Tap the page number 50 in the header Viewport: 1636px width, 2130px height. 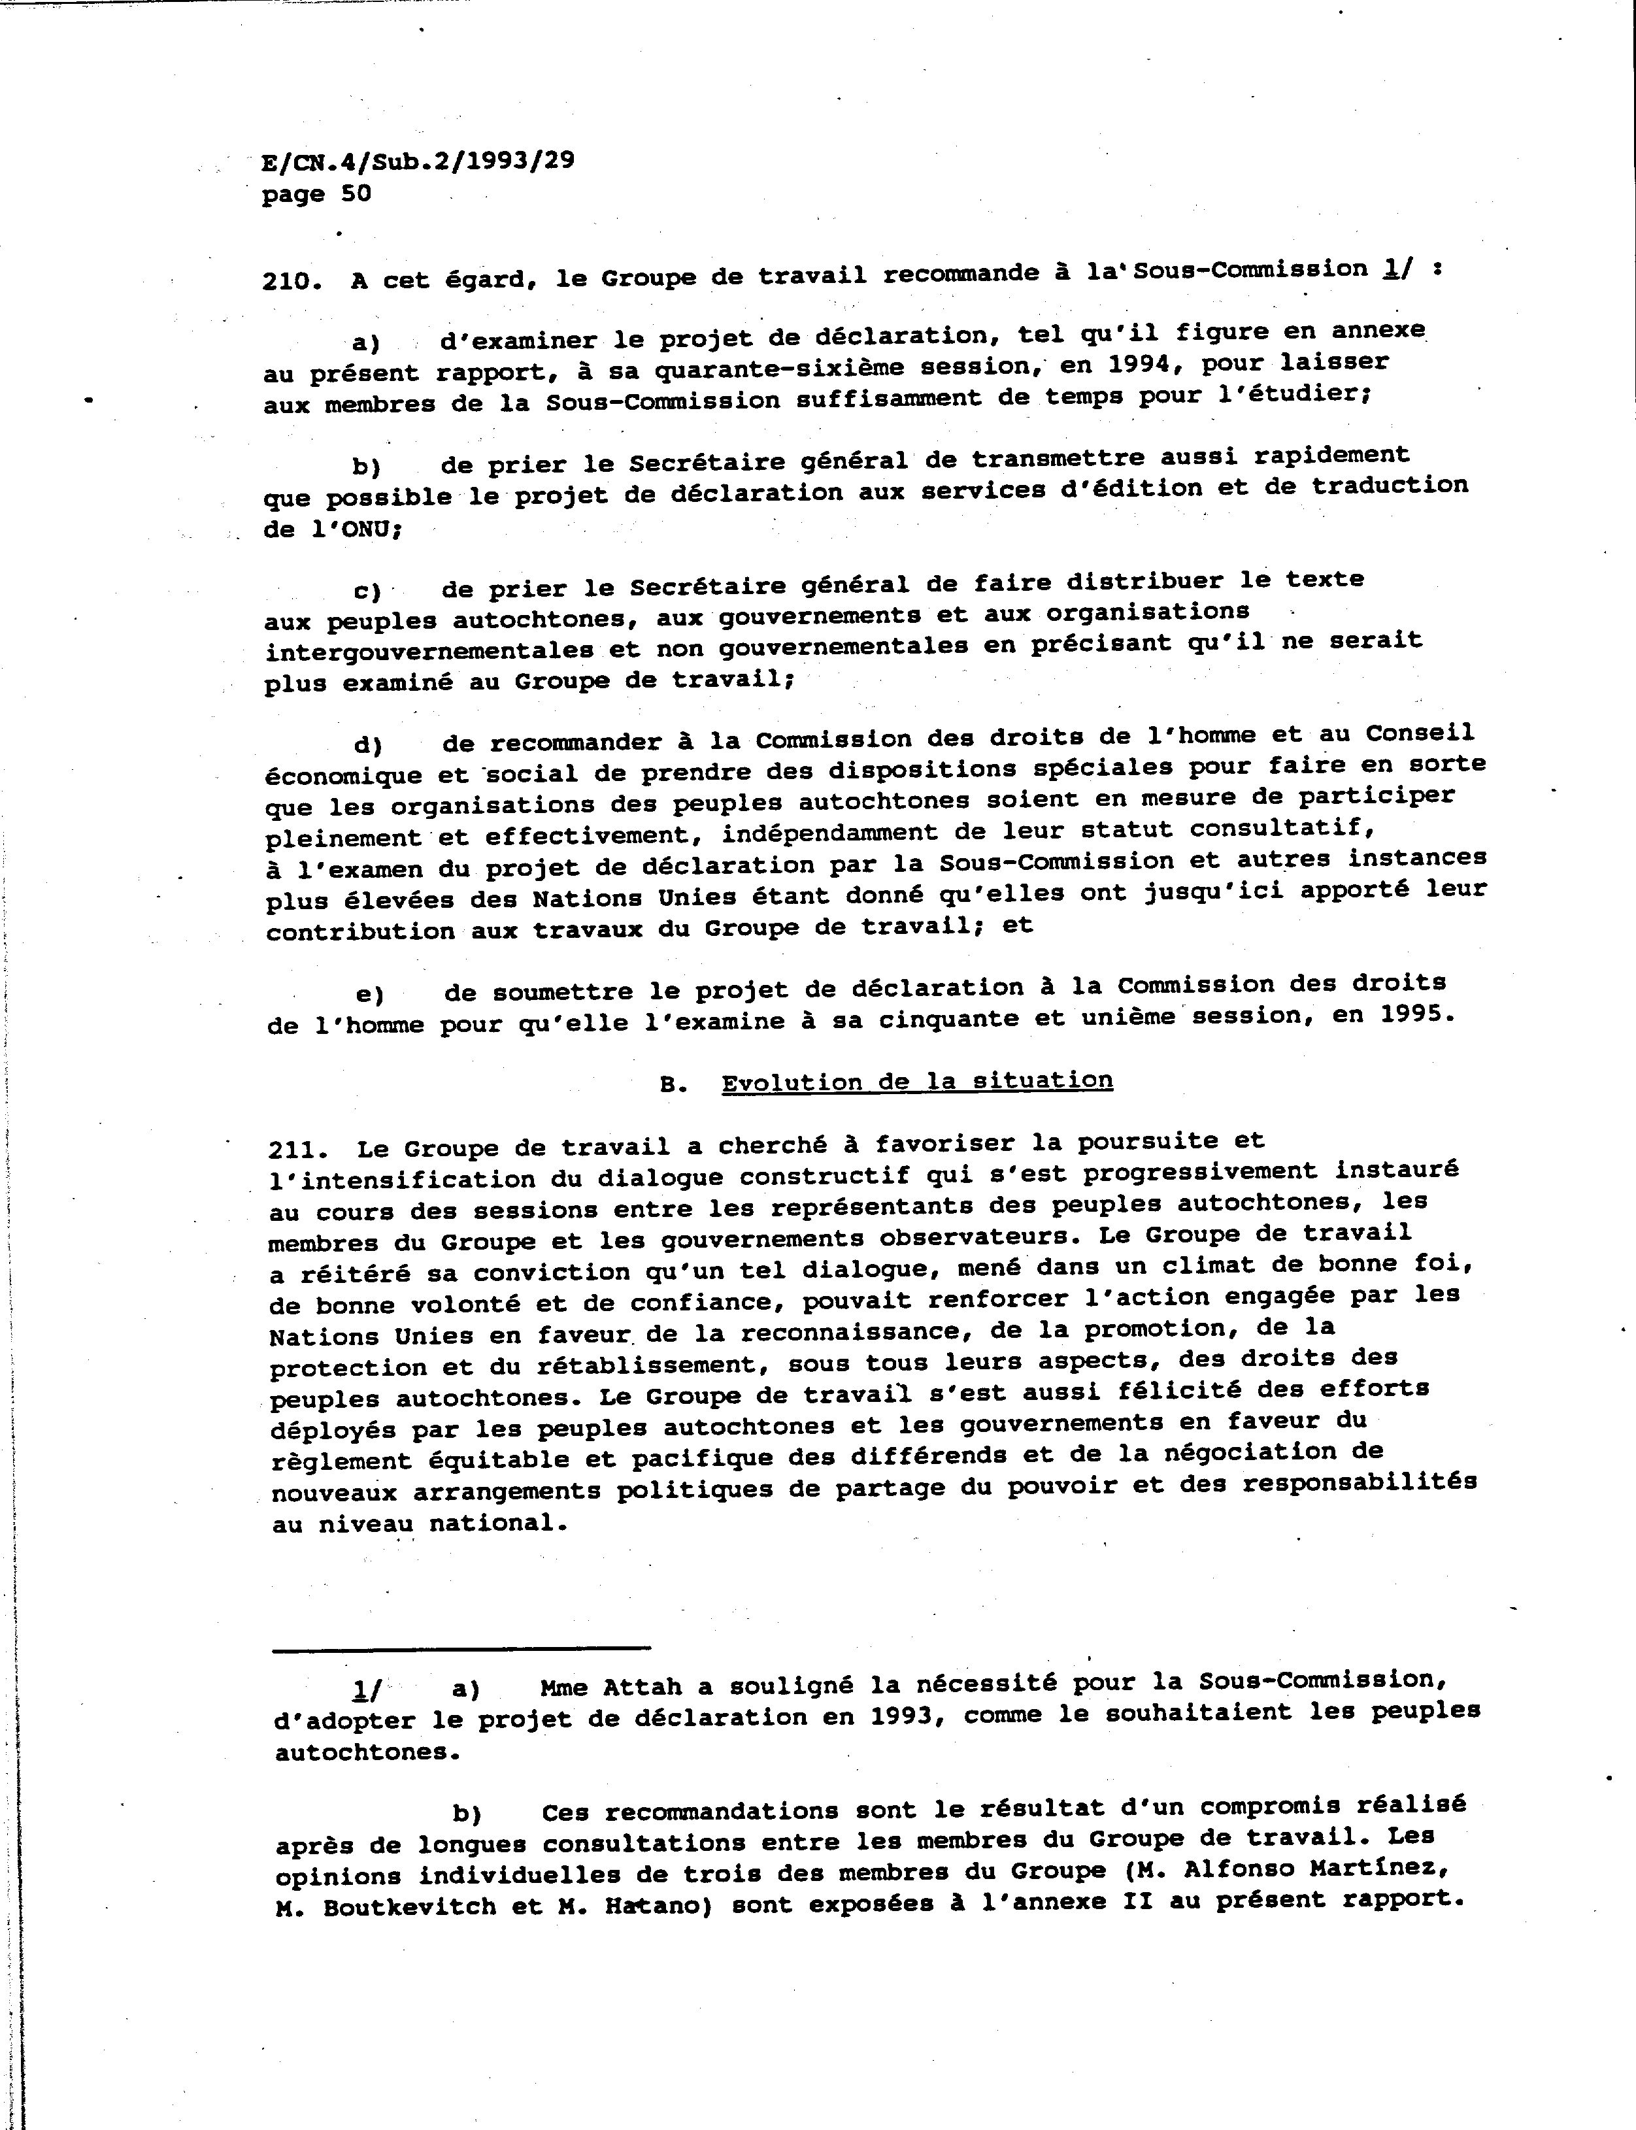356,193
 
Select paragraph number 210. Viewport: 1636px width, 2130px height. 291,281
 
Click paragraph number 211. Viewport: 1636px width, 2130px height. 296,1150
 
